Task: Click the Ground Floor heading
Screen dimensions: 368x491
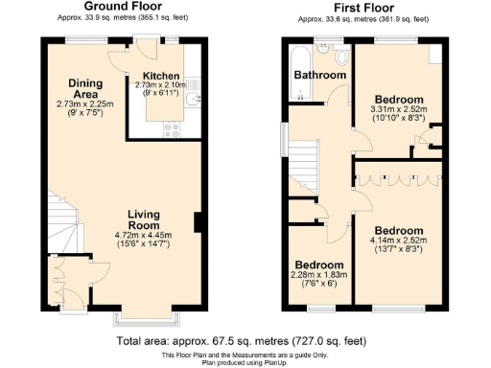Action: coord(122,6)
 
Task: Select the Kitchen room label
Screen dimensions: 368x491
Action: coord(161,75)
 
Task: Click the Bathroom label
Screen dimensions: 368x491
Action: coord(319,75)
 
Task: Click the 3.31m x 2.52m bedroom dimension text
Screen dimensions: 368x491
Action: coord(396,110)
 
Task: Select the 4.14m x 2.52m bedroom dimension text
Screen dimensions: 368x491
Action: coord(396,242)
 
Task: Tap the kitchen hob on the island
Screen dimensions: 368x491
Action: coord(173,125)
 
